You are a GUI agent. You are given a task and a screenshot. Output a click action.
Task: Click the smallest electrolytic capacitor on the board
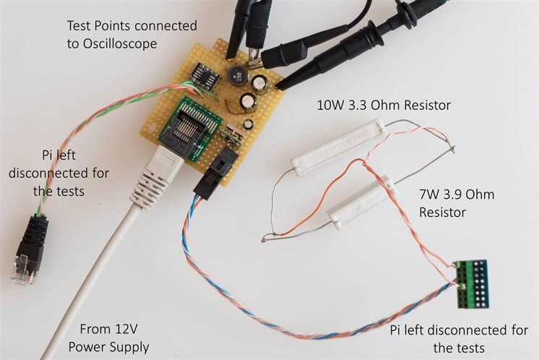pyautogui.click(x=248, y=124)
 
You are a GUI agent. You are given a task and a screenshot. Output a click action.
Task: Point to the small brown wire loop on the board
pyautogui.click(x=233, y=107)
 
